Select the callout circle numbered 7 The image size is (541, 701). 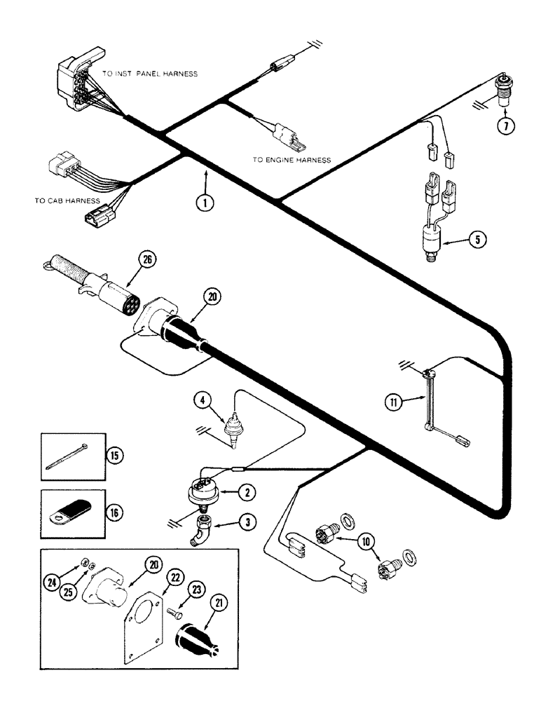click(506, 126)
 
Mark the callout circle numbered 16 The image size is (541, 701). click(114, 511)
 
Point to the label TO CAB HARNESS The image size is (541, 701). click(67, 200)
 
